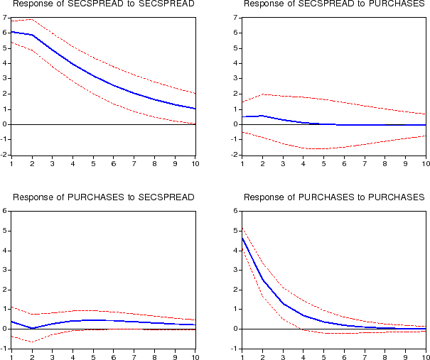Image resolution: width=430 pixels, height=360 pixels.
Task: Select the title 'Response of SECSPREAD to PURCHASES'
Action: pos(334,5)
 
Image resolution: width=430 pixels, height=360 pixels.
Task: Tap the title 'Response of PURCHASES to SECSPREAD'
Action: pos(104,197)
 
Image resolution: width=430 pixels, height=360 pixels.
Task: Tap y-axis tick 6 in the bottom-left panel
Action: pos(5,211)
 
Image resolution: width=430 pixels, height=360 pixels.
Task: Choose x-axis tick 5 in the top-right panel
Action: pos(324,163)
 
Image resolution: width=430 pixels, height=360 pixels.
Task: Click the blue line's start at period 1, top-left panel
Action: pos(12,32)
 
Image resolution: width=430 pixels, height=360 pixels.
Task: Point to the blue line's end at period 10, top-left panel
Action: pos(195,109)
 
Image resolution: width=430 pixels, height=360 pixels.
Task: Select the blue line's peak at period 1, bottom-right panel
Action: pos(242,237)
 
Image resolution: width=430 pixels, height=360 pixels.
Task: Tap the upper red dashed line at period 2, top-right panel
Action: pos(263,94)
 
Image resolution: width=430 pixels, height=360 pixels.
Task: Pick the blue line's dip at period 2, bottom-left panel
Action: pos(33,328)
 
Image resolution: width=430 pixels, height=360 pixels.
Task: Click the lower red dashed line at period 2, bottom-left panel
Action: pos(33,342)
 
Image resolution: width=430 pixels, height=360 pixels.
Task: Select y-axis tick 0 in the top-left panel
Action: pos(5,124)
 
